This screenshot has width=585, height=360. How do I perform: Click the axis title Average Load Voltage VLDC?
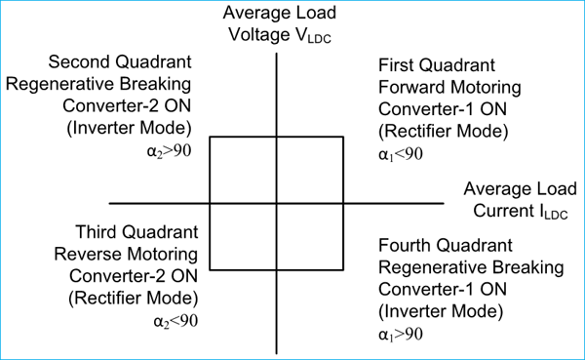[278, 22]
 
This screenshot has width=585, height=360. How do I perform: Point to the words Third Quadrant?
[137, 233]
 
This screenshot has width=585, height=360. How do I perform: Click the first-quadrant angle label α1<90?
[400, 152]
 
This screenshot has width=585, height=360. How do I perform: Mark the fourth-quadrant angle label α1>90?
[400, 335]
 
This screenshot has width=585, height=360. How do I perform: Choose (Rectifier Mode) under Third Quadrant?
[133, 298]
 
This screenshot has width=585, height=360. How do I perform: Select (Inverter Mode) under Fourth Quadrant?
[441, 312]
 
